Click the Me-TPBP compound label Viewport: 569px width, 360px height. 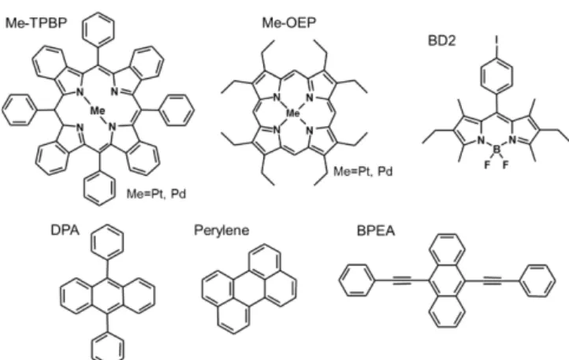click(36, 23)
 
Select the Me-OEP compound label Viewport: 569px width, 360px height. click(289, 23)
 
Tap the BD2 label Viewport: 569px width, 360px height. click(441, 41)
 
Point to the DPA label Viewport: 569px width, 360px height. click(65, 230)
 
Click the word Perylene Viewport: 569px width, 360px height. click(221, 230)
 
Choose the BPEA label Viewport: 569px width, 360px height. click(376, 231)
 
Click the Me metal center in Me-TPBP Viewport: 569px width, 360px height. click(98, 110)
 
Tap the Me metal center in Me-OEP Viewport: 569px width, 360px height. click(293, 113)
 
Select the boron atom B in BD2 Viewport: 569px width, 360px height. click(497, 149)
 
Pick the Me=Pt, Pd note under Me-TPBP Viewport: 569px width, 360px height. click(156, 194)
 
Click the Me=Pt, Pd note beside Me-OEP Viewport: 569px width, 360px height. click(363, 171)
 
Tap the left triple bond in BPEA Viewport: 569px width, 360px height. click(402, 280)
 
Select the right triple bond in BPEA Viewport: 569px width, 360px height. click(493, 280)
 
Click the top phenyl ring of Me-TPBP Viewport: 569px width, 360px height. click(99, 28)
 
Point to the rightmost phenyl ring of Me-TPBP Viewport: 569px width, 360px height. click(177, 110)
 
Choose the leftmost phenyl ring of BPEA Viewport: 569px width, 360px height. click(357, 280)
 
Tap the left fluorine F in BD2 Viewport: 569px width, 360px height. click(487, 165)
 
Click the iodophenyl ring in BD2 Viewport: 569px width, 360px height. click(496, 75)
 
